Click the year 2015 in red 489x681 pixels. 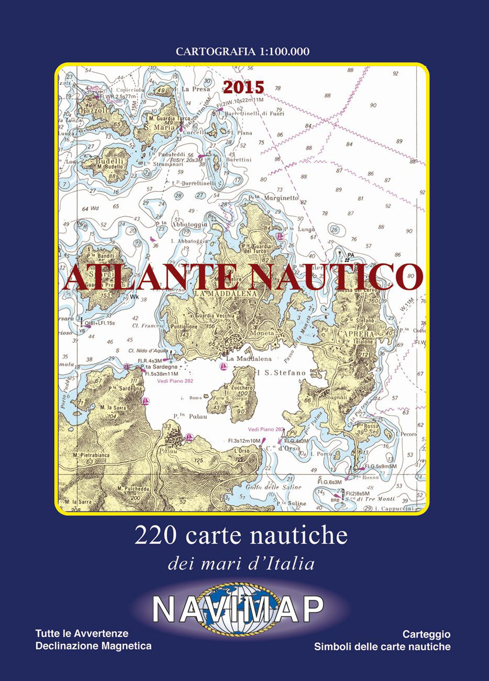click(244, 87)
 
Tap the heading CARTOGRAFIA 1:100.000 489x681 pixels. click(243, 51)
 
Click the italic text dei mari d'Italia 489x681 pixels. click(241, 564)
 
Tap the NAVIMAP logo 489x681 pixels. click(238, 609)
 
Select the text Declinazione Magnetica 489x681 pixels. click(93, 646)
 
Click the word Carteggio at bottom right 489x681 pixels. click(426, 634)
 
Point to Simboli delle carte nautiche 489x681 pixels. click(382, 647)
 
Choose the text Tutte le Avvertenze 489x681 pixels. click(82, 634)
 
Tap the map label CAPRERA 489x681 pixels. click(355, 334)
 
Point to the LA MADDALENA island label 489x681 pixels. click(225, 293)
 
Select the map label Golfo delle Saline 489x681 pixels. click(273, 487)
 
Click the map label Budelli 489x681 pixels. click(110, 161)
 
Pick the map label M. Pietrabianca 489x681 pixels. click(91, 455)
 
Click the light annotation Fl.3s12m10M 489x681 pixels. click(244, 441)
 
